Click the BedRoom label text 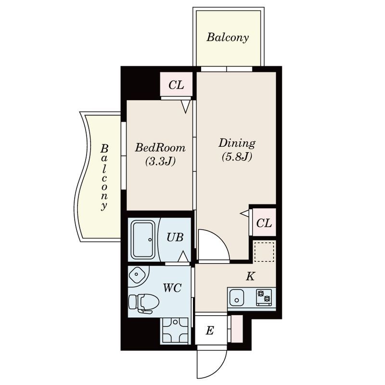pyautogui.click(x=160, y=148)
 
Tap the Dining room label pyautogui.click(x=237, y=143)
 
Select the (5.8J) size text pyautogui.click(x=237, y=157)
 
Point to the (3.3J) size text pyautogui.click(x=160, y=161)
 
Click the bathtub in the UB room pyautogui.click(x=143, y=239)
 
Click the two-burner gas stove pyautogui.click(x=264, y=297)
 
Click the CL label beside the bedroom pyautogui.click(x=176, y=85)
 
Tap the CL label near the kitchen pyautogui.click(x=264, y=223)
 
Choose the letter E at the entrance pyautogui.click(x=209, y=331)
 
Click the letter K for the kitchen pyautogui.click(x=250, y=276)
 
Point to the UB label pyautogui.click(x=175, y=237)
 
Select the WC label pyautogui.click(x=172, y=288)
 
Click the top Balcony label pyautogui.click(x=227, y=38)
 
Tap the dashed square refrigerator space pyautogui.click(x=264, y=252)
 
